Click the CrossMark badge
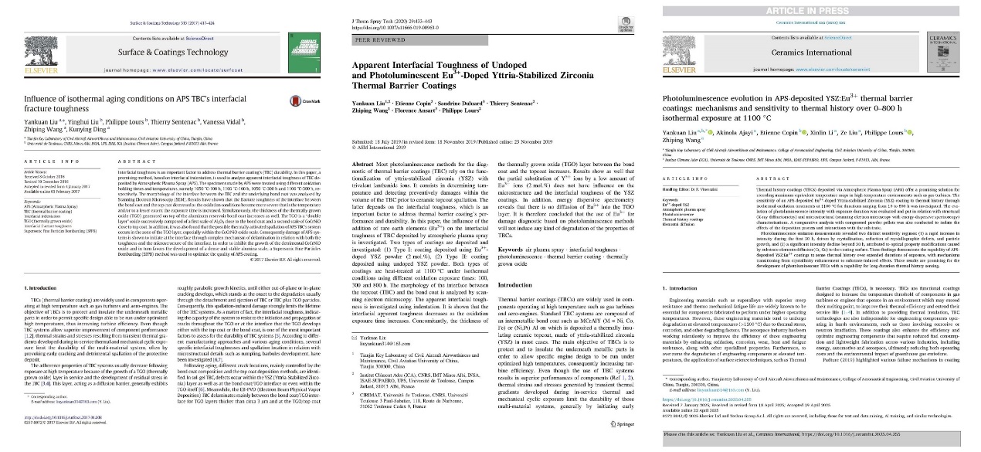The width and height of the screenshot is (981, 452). [294, 100]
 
